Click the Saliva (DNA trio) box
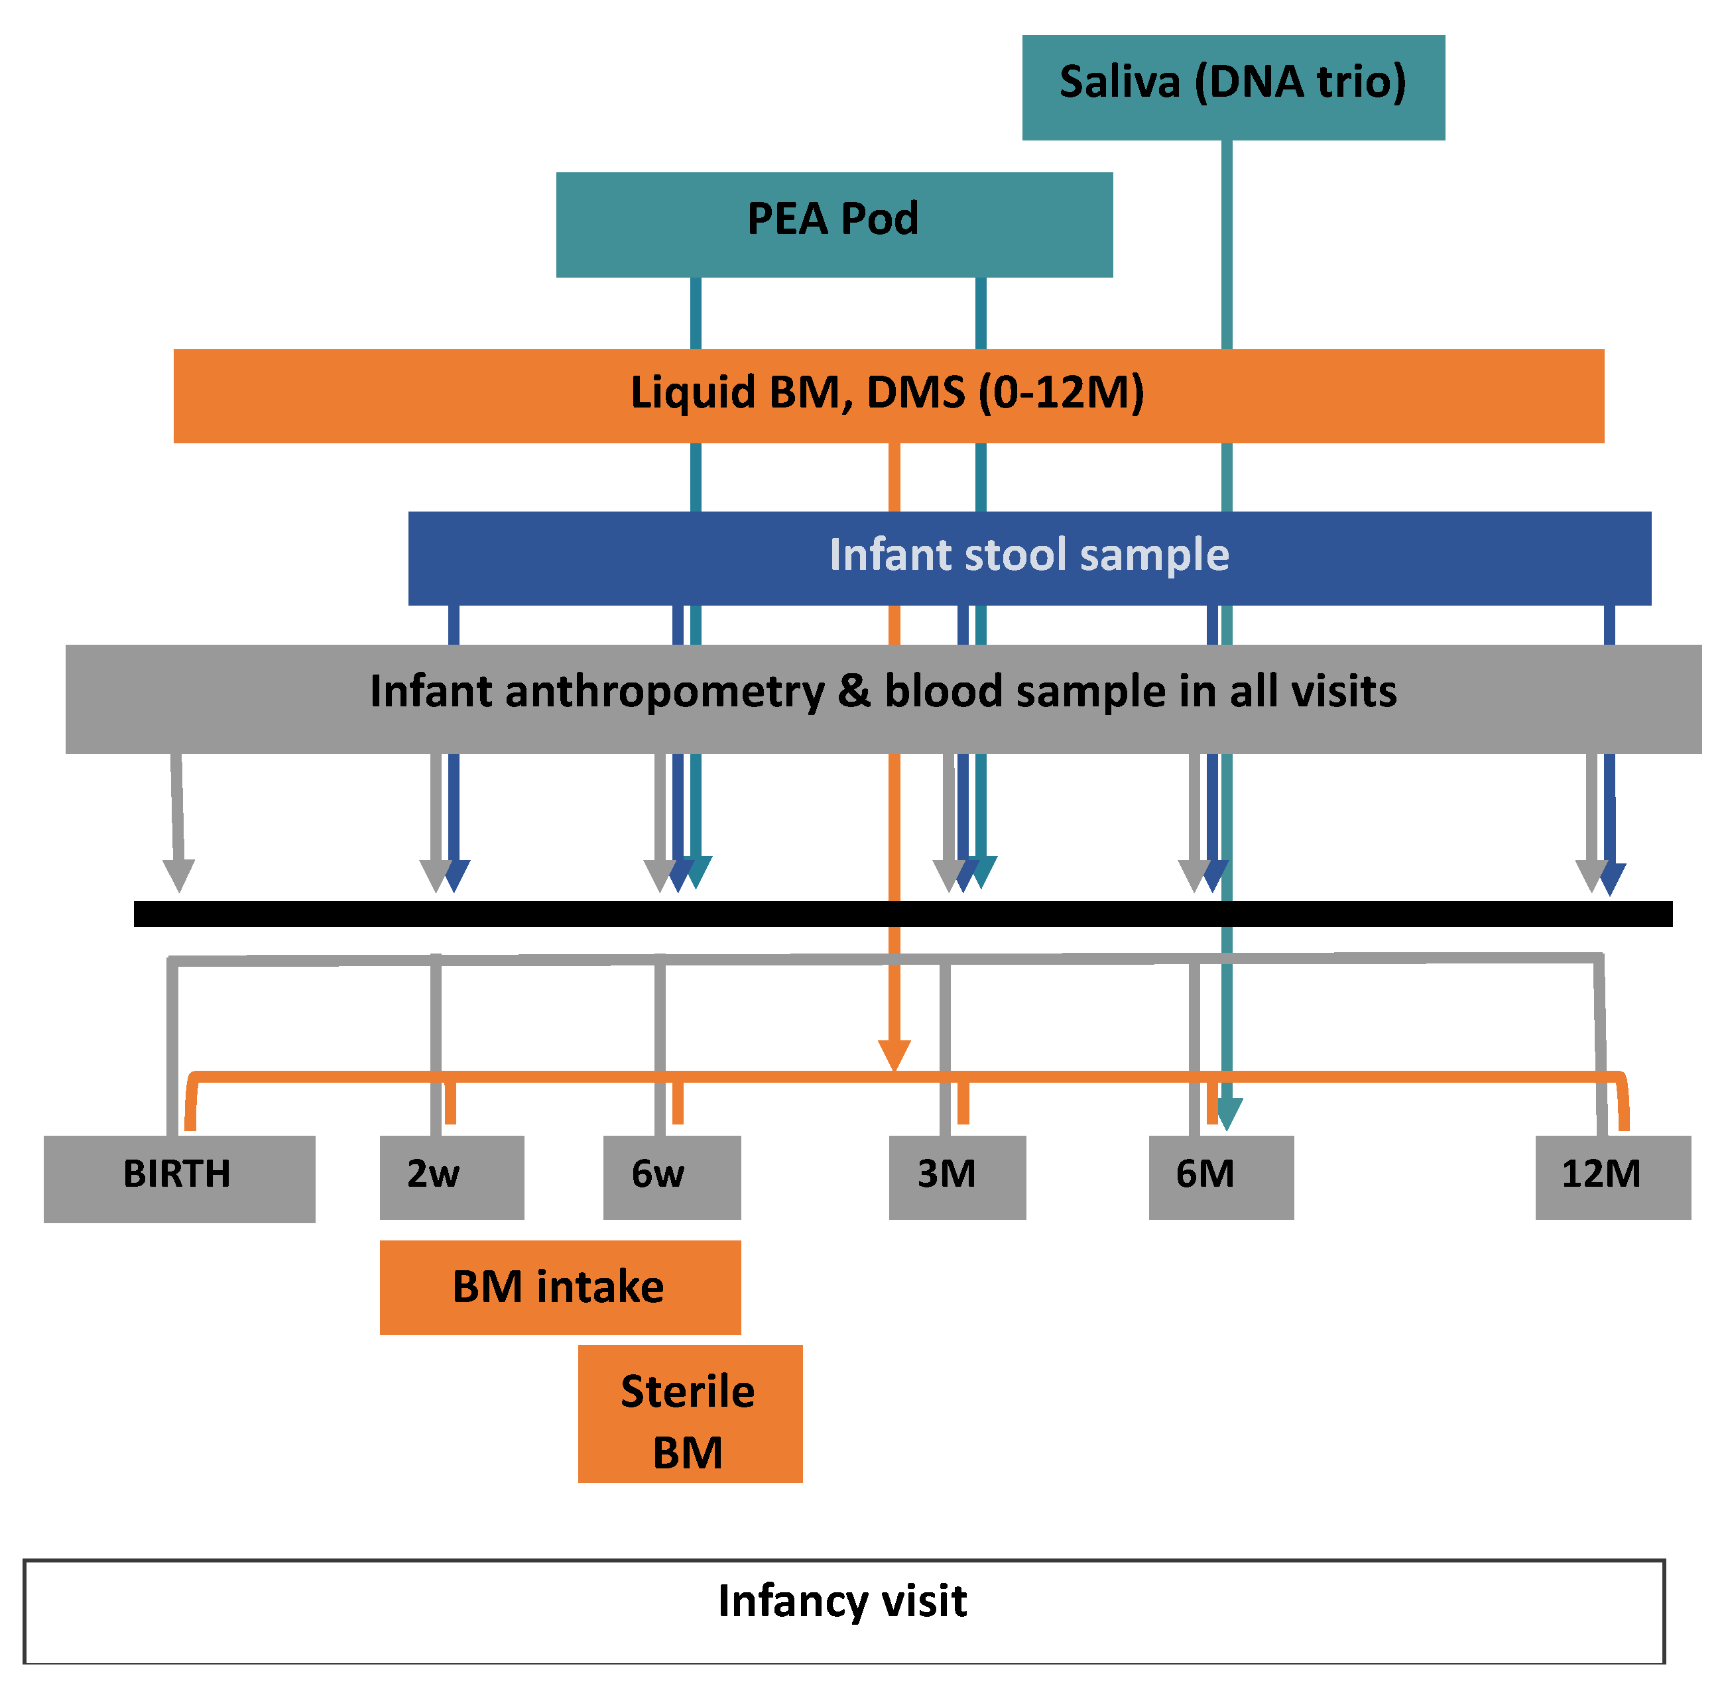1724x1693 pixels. click(1232, 87)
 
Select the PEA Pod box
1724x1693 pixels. click(833, 224)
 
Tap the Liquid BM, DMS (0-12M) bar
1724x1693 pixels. click(888, 396)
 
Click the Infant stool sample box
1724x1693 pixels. click(1029, 557)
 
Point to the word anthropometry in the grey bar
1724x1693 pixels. click(664, 691)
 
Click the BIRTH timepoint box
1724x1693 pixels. click(178, 1177)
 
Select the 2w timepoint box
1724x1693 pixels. click(451, 1176)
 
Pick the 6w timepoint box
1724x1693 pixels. click(672, 1176)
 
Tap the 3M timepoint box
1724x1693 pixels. click(957, 1176)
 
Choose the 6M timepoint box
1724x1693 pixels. click(1221, 1176)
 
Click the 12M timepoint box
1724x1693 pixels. click(1612, 1176)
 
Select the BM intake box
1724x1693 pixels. click(560, 1287)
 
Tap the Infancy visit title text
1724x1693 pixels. click(841, 1600)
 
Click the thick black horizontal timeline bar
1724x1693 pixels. click(902, 913)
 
